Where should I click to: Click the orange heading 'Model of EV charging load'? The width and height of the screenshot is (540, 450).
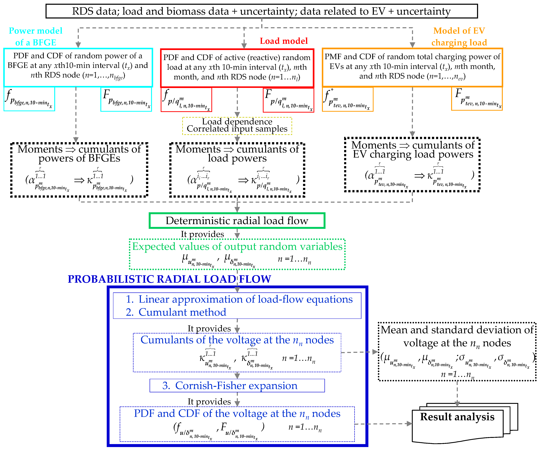pos(459,36)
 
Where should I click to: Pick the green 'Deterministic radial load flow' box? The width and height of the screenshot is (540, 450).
pos(237,221)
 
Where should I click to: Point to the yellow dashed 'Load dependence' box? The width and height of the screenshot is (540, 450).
pos(237,126)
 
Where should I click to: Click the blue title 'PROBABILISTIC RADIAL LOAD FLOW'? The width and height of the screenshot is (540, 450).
pos(169,279)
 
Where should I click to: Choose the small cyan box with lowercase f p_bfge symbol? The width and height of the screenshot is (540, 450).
pos(29,99)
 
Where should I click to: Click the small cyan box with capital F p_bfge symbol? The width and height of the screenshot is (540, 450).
pos(126,99)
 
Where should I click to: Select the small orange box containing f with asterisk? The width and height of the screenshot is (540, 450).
pos(347,99)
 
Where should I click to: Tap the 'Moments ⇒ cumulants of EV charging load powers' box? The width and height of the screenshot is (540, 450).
pos(412,165)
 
